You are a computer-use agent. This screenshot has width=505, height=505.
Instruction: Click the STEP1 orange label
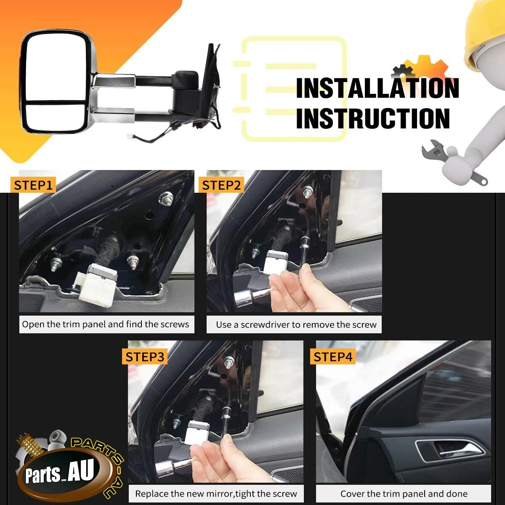pos(33,185)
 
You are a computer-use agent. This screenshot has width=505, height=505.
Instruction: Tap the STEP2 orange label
pos(221,185)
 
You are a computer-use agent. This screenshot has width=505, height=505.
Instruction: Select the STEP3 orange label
pos(145,357)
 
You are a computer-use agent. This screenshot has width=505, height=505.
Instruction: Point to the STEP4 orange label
pos(333,357)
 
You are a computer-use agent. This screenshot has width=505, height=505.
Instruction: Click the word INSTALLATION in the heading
pos(377,88)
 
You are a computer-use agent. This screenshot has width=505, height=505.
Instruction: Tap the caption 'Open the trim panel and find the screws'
pos(105,324)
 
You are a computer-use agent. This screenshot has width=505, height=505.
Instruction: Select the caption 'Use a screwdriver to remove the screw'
pos(296,325)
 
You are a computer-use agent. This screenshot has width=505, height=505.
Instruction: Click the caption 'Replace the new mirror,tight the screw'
pos(216,494)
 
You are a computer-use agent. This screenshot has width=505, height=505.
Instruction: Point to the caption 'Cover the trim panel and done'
pos(404,494)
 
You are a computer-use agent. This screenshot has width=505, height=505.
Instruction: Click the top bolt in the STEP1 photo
pos(166,197)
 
